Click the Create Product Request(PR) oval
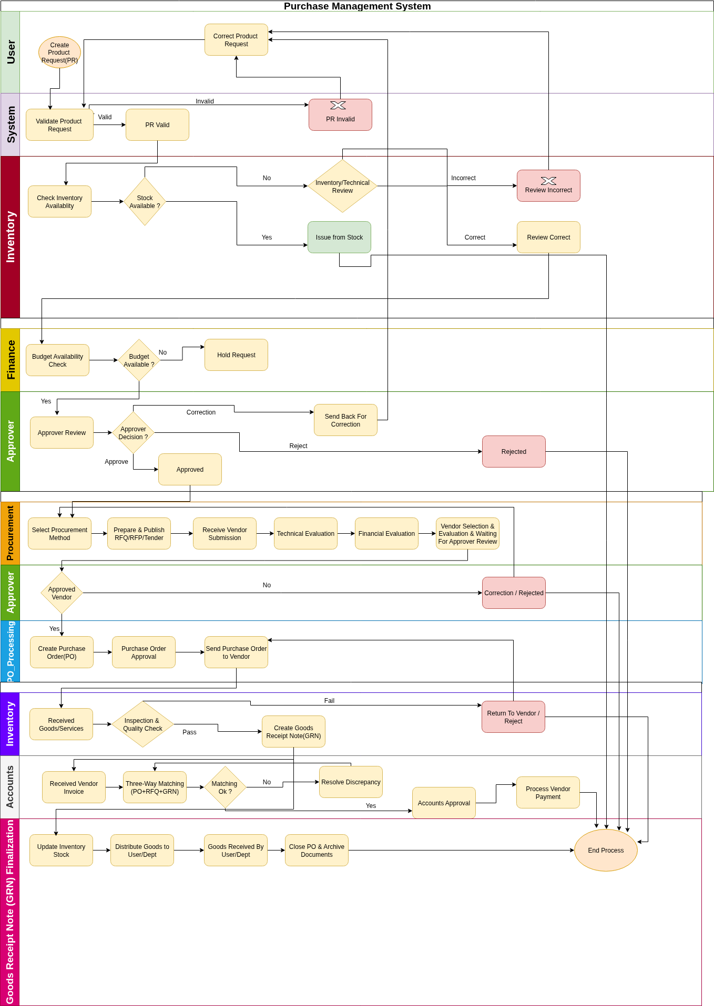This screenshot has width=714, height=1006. point(59,53)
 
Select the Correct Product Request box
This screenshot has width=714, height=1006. point(236,40)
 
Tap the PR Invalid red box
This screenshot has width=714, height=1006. point(340,115)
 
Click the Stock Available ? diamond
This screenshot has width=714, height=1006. point(145,202)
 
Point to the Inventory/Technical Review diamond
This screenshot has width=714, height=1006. point(342,186)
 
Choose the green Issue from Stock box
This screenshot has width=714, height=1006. point(339,237)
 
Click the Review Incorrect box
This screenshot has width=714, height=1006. point(548,186)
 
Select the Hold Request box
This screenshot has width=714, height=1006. point(236,355)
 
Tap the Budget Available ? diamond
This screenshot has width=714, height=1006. point(139,360)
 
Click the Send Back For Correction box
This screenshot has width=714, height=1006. point(345,420)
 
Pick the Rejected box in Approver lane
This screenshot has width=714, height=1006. point(514,452)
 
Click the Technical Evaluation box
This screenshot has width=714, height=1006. point(305,534)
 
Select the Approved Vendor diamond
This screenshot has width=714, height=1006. point(62,593)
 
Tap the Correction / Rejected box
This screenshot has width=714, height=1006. point(514,593)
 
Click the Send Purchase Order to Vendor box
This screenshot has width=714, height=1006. point(236,652)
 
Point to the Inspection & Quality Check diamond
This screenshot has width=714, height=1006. point(142,724)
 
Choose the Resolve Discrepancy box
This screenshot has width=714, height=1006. point(351,782)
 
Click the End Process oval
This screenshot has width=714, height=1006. point(606,851)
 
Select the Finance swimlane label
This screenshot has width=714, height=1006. point(11,360)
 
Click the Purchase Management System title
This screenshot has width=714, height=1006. point(357,6)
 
